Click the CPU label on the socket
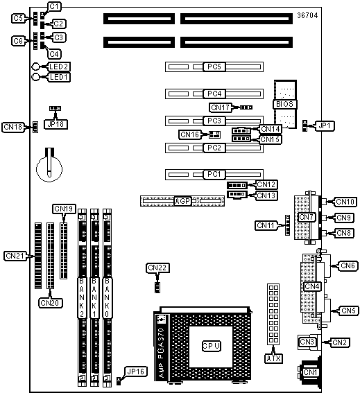coord(212,346)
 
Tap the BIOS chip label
coord(284,104)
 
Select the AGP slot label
coord(182,201)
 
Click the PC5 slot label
coord(214,67)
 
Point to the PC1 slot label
coord(214,174)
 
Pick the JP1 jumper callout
coord(325,125)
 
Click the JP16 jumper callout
coord(135,372)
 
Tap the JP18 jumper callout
coord(55,124)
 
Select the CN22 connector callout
coord(157,268)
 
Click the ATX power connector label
coord(274,358)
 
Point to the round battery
coord(49,169)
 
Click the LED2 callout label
coord(59,67)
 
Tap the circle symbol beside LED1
coord(35,77)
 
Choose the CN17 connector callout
coord(221,107)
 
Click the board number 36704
coord(307,15)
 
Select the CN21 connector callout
coord(15,256)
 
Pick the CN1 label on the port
coord(310,372)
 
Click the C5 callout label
coord(18,18)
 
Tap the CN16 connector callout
coord(189,134)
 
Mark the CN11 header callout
coord(266,225)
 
